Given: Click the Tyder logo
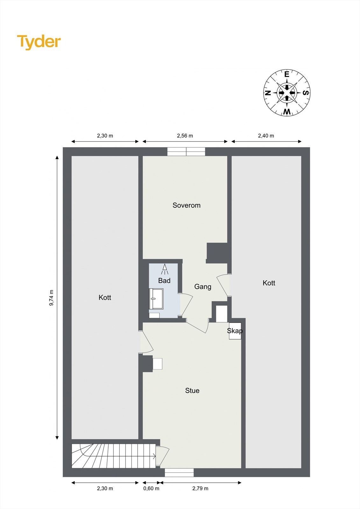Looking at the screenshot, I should click(39, 42).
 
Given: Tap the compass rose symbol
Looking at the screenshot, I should click(287, 93).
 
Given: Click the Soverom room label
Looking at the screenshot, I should click(187, 206).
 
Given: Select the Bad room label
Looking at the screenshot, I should click(164, 281).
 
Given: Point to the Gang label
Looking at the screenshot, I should click(203, 287).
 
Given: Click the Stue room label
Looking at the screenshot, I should click(192, 391).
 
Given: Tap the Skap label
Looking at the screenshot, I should click(235, 331).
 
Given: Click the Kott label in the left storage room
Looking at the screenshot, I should click(105, 297).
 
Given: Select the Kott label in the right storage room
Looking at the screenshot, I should click(269, 283).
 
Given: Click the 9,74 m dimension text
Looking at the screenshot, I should click(51, 298).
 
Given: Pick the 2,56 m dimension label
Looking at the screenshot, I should click(185, 136).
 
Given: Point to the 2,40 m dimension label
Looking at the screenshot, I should click(266, 136).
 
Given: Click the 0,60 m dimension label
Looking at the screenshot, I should click(151, 488).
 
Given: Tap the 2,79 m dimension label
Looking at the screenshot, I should click(200, 488).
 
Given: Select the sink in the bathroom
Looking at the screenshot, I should click(156, 299).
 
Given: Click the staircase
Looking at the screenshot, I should click(113, 456).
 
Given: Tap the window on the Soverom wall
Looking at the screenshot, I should click(186, 152).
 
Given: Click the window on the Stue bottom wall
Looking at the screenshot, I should click(179, 472).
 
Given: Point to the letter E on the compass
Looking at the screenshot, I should click(287, 75).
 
